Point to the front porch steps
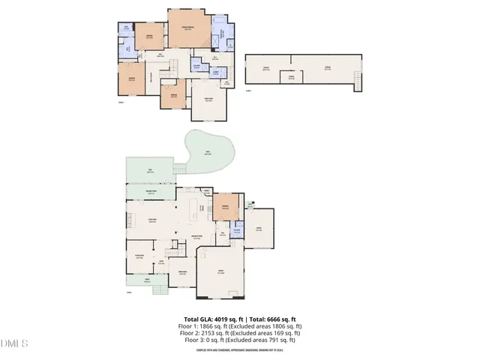pos(158,289)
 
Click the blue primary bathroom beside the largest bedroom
pos(219,35)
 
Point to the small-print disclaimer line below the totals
pos(239,349)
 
